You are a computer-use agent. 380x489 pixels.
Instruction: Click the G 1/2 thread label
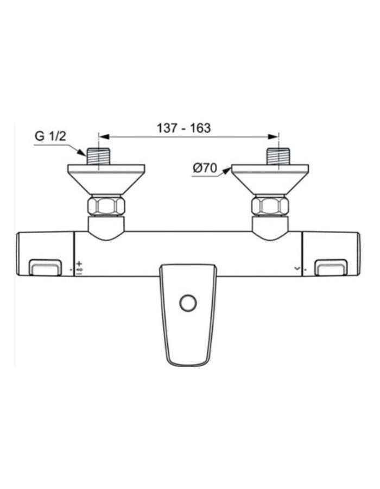[x=50, y=136]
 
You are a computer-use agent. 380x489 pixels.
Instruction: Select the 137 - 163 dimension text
[x=183, y=128]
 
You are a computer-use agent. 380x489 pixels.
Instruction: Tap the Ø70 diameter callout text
[x=205, y=168]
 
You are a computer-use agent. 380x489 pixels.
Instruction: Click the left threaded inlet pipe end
[x=98, y=156]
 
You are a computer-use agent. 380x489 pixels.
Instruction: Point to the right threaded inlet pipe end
[x=278, y=156]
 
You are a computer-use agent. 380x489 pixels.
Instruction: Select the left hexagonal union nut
[x=106, y=206]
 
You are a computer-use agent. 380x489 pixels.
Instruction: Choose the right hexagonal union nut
[x=270, y=206]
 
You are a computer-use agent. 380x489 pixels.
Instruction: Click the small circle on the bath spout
[x=188, y=303]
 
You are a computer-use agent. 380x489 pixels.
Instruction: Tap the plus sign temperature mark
[x=79, y=264]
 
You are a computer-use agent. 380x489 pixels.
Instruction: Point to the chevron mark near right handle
[x=296, y=268]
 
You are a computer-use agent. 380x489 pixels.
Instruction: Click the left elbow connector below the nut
[x=106, y=228]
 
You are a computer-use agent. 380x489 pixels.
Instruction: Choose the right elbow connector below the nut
[x=270, y=228]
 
